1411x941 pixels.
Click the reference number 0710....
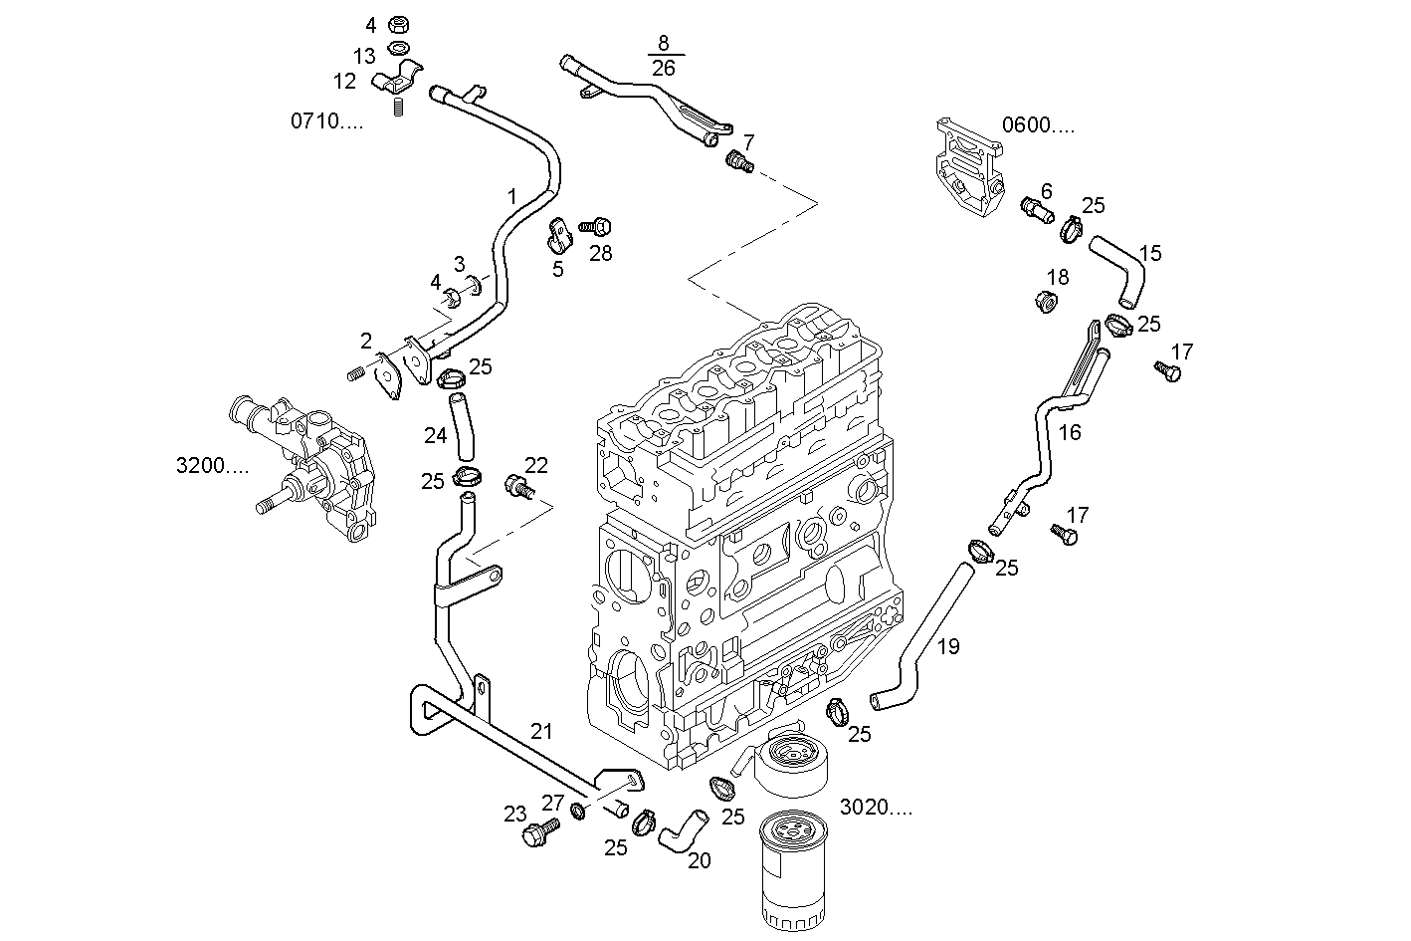[x=326, y=121]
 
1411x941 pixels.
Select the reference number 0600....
[x=1038, y=125]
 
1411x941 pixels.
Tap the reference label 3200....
[x=212, y=465]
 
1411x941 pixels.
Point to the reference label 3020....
[x=876, y=807]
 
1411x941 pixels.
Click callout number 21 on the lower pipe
[x=540, y=732]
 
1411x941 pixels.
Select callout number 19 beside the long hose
[x=948, y=647]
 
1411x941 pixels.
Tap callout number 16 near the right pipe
[x=1070, y=432]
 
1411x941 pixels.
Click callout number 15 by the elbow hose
[x=1149, y=253]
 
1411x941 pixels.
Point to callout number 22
[x=536, y=465]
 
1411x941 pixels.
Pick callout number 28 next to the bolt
[x=600, y=253]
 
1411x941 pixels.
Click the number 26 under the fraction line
[x=663, y=68]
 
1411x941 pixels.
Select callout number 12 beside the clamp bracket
[x=344, y=80]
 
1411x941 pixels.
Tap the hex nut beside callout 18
[x=1046, y=300]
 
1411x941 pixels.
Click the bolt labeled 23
[x=541, y=832]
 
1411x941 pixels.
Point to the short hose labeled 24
[x=462, y=425]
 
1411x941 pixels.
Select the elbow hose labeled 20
[x=680, y=830]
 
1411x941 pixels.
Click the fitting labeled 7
[x=739, y=159]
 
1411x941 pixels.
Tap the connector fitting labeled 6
[x=1035, y=210]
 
